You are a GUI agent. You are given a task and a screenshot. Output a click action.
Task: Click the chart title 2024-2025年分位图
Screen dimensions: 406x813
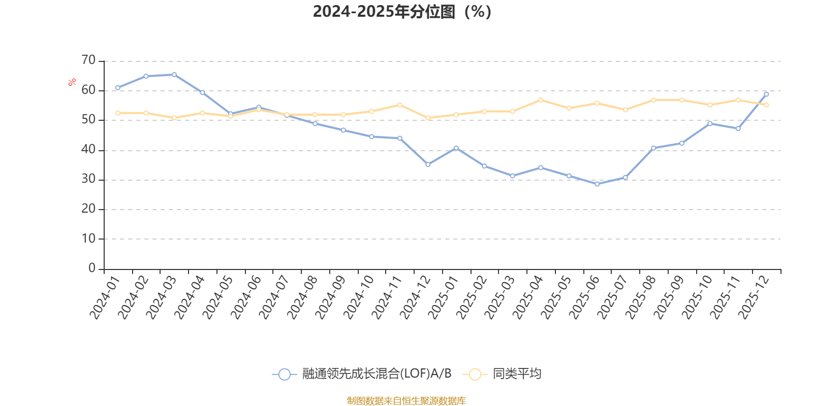pos(401,12)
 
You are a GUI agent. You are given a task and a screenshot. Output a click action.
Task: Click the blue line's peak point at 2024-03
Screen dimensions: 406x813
pos(174,75)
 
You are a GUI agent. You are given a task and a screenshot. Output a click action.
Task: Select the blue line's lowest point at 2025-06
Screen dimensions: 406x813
pos(597,184)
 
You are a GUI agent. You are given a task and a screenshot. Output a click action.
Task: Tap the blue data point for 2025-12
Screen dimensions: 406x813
pos(766,94)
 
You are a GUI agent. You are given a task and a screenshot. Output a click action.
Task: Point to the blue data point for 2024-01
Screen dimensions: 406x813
pos(118,88)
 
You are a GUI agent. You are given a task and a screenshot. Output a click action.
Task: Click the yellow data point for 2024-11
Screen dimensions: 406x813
pos(400,105)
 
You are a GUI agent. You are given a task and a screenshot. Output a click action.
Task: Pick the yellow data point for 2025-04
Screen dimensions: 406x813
pos(541,100)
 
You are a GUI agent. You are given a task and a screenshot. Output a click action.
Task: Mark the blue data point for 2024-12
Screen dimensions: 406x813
pos(428,164)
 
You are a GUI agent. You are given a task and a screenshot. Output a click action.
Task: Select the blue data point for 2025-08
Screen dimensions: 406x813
pos(653,148)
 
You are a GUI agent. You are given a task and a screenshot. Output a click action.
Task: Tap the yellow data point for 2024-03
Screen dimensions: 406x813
pos(174,118)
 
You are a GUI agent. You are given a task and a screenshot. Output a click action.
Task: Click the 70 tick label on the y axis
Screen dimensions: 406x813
pos(88,60)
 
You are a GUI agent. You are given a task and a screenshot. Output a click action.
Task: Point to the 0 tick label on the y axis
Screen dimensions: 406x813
pos(91,268)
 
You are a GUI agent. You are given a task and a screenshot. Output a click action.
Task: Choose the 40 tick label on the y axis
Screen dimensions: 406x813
pos(88,150)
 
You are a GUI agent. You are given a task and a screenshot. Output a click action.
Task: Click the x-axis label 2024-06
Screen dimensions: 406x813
pos(246,297)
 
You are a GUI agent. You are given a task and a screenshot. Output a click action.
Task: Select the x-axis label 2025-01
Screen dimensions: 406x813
pos(443,297)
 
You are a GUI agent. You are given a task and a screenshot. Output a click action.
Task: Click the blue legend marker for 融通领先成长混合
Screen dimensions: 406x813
pos(285,375)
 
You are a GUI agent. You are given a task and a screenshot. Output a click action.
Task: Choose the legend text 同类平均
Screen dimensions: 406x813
pos(517,374)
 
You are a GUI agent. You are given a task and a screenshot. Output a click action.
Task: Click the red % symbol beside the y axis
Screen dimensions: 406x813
pos(72,82)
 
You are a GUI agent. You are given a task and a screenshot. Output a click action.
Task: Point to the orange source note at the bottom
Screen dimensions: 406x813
pos(406,401)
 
